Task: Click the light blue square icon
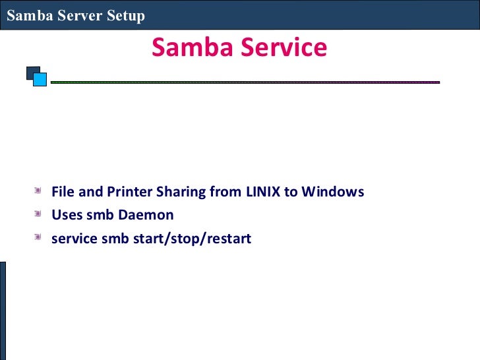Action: pos(40,80)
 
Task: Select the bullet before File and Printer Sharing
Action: pos(41,191)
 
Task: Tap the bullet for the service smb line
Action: pos(41,237)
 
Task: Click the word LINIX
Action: pos(263,192)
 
